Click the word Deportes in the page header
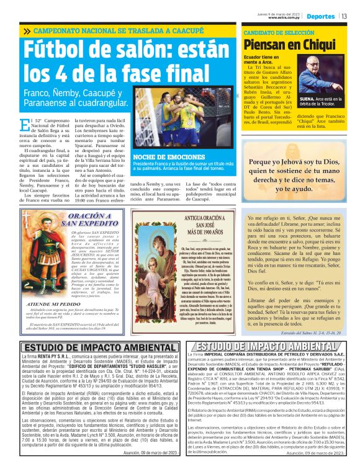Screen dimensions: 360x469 coord(320,16)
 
